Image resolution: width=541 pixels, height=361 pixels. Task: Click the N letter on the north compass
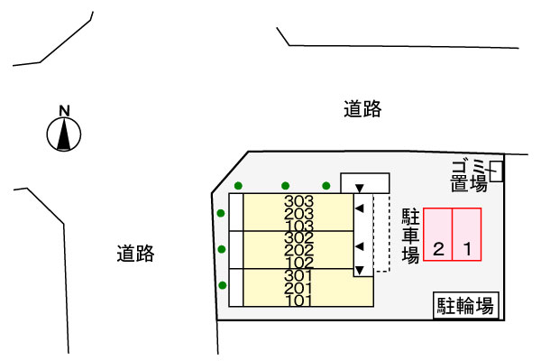tap(64, 111)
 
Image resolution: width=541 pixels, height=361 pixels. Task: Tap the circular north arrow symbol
tap(64, 135)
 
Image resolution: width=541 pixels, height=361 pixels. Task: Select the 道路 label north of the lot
tap(362, 110)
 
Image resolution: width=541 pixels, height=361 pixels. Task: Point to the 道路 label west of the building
tap(135, 254)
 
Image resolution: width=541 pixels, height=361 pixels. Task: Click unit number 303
tap(298, 201)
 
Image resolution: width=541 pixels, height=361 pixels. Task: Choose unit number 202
tap(298, 250)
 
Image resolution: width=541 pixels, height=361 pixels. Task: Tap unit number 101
tap(298, 300)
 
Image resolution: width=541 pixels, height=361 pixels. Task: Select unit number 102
tap(298, 263)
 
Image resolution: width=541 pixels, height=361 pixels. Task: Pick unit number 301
tap(298, 275)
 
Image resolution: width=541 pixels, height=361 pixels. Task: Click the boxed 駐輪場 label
tap(465, 305)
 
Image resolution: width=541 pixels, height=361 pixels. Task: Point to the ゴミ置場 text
tap(469, 174)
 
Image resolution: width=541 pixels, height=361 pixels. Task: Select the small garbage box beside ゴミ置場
tap(496, 168)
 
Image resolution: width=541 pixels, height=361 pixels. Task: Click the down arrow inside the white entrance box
tap(360, 188)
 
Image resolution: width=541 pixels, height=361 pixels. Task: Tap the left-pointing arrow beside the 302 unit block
tap(360, 246)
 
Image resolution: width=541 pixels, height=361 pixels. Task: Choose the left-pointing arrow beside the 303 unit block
tap(360, 209)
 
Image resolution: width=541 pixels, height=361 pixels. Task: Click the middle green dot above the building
tap(285, 186)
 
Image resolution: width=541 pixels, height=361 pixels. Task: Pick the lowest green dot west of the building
tap(222, 286)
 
